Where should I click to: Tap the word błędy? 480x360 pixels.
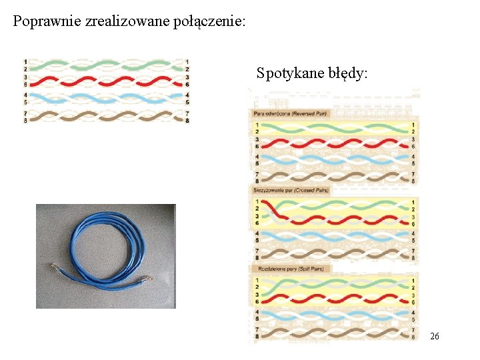point(347,73)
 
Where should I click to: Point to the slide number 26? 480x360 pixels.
point(435,337)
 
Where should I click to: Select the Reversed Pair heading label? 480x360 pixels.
point(291,113)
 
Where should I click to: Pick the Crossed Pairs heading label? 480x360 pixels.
point(291,190)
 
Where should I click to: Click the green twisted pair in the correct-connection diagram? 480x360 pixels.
point(107,65)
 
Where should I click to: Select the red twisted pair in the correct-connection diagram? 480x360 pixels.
point(107,81)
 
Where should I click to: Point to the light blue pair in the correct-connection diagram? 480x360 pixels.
point(107,99)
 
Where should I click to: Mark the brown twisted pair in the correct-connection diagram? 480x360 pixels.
point(107,115)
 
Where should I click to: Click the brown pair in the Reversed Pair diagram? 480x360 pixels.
point(333,177)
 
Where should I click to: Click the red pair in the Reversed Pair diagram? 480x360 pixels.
point(333,143)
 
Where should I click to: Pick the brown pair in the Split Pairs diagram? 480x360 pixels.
point(333,332)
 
